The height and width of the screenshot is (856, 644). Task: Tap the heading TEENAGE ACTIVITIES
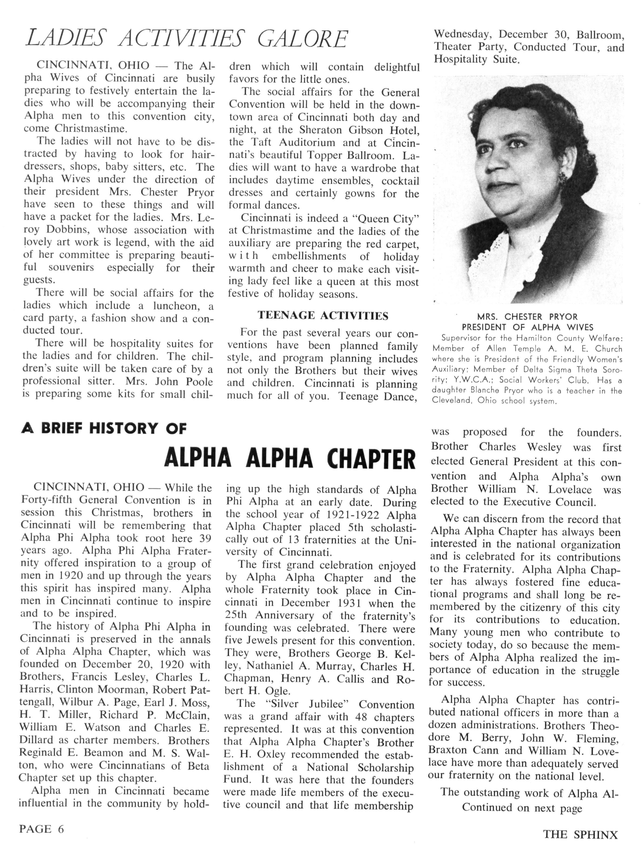[x=323, y=316]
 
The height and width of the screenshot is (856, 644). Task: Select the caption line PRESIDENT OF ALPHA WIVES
[x=527, y=327]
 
